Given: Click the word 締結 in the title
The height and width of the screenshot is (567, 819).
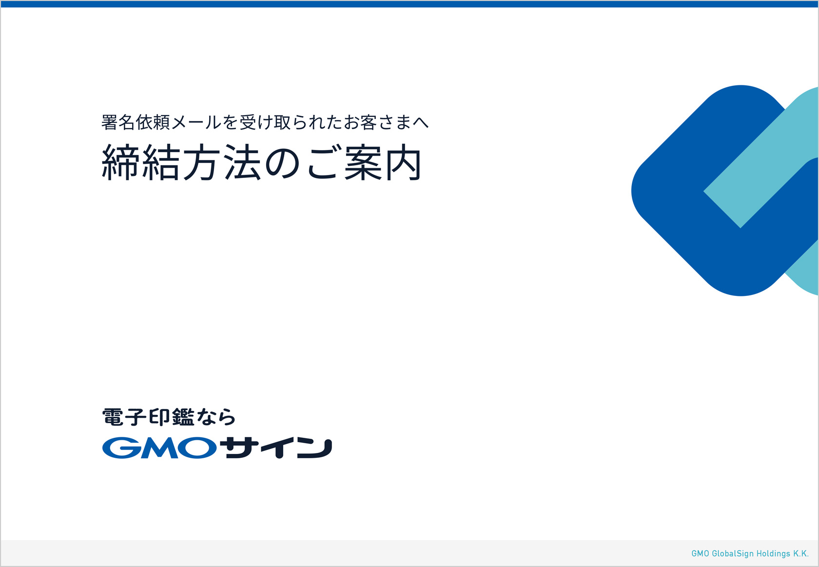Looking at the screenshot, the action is tap(140, 162).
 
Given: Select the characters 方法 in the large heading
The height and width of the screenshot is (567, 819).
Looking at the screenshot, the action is tap(222, 162).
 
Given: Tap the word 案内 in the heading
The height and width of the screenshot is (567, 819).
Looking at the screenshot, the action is tap(383, 162).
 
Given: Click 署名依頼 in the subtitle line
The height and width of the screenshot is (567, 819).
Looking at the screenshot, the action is tap(136, 122).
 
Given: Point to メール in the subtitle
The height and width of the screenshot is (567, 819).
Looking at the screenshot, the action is tap(196, 122).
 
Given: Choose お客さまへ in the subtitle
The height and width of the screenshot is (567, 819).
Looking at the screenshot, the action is tap(386, 122).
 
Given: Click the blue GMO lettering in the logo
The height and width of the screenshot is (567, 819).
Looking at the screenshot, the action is tap(159, 448).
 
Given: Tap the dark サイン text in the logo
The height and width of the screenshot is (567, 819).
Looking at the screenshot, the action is tap(278, 448).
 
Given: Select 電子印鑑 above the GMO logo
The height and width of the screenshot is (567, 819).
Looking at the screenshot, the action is tap(148, 417).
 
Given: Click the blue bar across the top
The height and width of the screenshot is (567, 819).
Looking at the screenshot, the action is tap(409, 4).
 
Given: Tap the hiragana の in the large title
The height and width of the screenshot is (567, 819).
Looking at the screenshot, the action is tap(282, 163).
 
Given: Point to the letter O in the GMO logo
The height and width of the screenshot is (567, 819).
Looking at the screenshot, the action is tap(198, 448).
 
